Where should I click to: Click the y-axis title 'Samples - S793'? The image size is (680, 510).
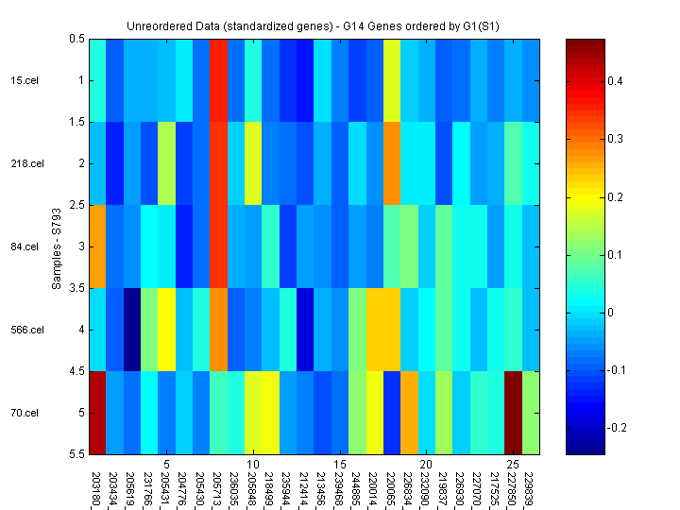click(x=58, y=246)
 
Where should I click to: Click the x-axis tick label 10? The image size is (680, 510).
click(x=252, y=465)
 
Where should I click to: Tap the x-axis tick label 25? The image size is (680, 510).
click(x=513, y=465)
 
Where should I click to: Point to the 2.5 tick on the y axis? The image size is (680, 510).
click(x=76, y=205)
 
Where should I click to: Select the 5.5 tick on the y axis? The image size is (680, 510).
click(x=76, y=454)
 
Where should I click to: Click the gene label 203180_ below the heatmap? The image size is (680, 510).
click(x=96, y=489)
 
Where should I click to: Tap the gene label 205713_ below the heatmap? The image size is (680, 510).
click(x=218, y=489)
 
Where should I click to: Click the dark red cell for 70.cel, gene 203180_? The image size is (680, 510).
click(x=97, y=413)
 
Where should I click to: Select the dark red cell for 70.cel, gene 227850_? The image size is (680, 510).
click(x=513, y=413)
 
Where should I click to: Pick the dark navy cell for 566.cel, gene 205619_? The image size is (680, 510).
click(x=131, y=330)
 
